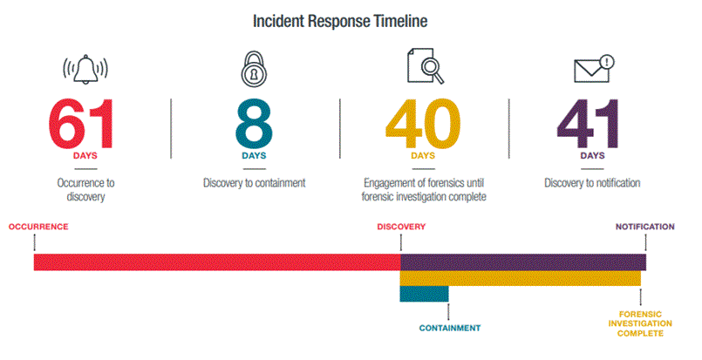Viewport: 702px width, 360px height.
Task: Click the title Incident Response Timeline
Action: click(340, 21)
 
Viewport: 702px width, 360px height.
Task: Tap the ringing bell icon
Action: click(85, 70)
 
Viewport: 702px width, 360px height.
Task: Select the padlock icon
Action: click(254, 69)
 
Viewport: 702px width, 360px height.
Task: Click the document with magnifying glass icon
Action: click(426, 66)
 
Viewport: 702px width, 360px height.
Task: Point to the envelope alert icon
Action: click(594, 69)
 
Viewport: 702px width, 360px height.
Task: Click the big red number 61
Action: click(81, 124)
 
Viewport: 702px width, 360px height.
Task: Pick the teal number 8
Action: click(254, 124)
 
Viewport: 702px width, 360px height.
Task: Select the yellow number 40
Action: click(423, 124)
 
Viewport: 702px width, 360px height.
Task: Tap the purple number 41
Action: click(589, 124)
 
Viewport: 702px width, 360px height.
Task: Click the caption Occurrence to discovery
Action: click(85, 189)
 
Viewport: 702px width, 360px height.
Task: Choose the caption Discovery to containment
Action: click(255, 183)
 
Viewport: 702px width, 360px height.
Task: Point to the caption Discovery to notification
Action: click(592, 183)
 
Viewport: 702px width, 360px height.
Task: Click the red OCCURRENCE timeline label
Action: click(38, 227)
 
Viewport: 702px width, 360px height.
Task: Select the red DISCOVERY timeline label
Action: click(401, 227)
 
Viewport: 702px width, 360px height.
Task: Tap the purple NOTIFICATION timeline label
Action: click(644, 227)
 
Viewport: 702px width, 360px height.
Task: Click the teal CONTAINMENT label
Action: click(450, 329)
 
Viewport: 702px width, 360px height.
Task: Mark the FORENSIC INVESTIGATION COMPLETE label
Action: click(640, 323)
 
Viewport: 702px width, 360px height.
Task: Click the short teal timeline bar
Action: click(424, 294)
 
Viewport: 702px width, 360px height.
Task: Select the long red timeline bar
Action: click(217, 262)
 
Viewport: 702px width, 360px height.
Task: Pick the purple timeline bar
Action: click(523, 262)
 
